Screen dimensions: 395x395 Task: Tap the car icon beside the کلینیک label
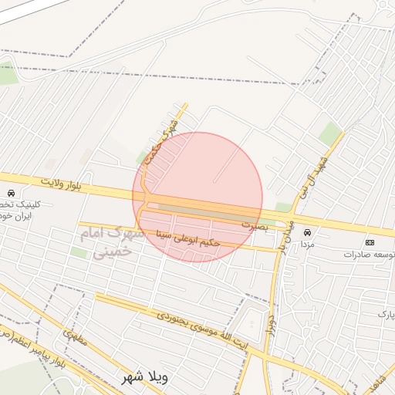10,193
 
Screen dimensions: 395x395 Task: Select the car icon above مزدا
308,232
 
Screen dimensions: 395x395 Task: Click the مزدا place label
307,244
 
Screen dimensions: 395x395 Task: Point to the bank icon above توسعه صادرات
370,242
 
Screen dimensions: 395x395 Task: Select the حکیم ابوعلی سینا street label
188,238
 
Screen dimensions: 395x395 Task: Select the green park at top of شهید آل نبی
330,132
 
